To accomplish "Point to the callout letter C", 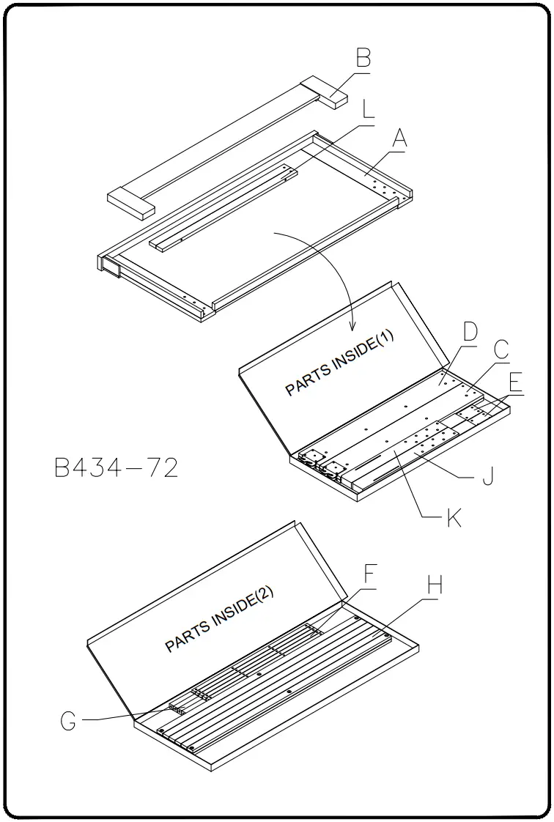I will click(501, 351).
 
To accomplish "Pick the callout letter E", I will click(516, 382).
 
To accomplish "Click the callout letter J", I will click(487, 476).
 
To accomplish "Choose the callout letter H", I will click(435, 586).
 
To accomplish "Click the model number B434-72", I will click(117, 468).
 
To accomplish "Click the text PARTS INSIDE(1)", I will click(339, 363).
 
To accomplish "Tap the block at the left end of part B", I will click(131, 202).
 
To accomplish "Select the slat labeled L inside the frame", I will click(224, 207).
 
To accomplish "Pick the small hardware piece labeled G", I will click(175, 709).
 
